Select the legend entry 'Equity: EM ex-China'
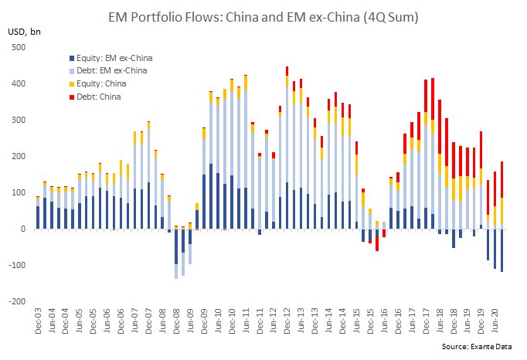[x=114, y=57]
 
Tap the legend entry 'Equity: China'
[x=102, y=83]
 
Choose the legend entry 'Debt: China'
[x=100, y=96]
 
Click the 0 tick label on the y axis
[x=23, y=229]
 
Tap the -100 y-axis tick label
[x=17, y=266]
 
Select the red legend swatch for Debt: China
[x=72, y=97]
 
